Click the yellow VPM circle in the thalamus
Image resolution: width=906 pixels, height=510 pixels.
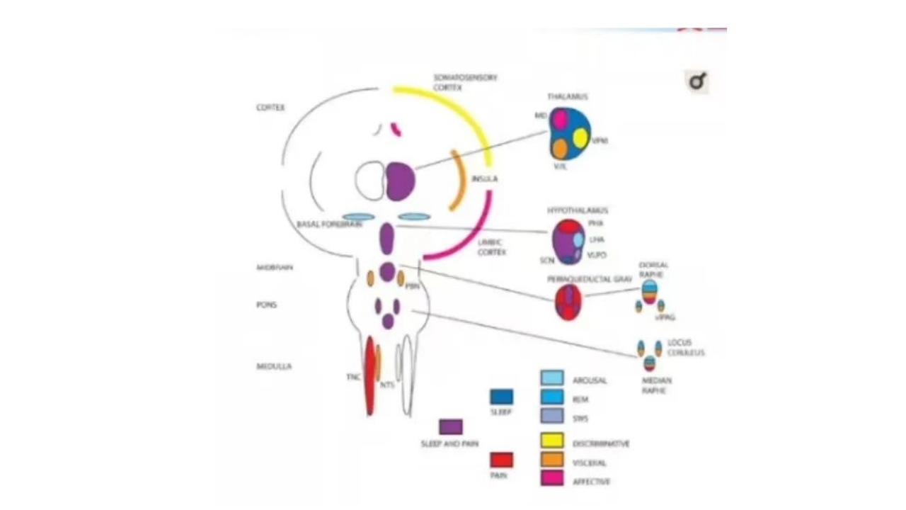tap(580, 138)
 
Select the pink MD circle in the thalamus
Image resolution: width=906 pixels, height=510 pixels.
tap(561, 119)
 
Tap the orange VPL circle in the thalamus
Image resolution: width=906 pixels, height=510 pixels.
tap(560, 149)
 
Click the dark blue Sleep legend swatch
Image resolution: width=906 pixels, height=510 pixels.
tap(502, 397)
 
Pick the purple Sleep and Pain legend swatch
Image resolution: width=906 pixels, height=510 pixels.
tap(451, 427)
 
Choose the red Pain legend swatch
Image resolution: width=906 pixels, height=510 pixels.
tap(502, 460)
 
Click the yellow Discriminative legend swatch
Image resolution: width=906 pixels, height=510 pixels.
tap(552, 441)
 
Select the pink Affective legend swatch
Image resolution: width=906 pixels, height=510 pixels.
tap(552, 478)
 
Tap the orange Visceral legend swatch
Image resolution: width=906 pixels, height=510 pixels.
tap(552, 459)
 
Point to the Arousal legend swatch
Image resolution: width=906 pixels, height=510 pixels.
tap(552, 378)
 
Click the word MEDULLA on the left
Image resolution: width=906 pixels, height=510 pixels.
tap(274, 366)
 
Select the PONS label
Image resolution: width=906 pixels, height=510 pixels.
tap(266, 305)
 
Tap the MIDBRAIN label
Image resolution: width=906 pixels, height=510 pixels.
tap(274, 267)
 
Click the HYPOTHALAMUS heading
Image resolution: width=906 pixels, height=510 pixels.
tap(578, 210)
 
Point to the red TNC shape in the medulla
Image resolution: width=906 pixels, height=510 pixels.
tap(369, 375)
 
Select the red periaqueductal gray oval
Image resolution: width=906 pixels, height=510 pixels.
tap(568, 302)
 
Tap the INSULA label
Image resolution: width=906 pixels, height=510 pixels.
tap(484, 178)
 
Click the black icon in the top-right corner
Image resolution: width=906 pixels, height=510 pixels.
tap(697, 82)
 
